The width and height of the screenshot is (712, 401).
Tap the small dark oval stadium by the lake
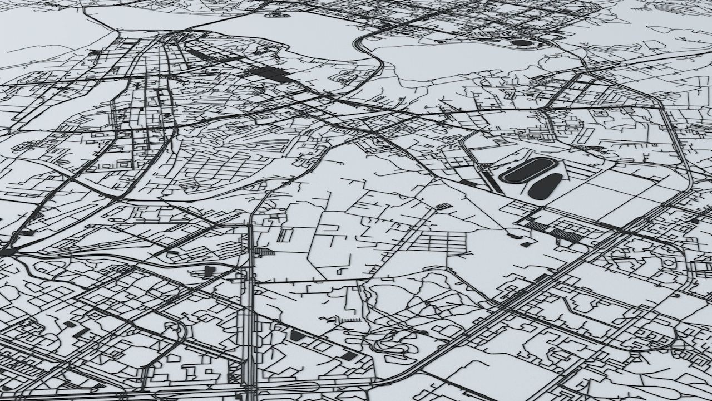coord(521,42)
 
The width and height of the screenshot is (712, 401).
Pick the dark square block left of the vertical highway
coord(210,271)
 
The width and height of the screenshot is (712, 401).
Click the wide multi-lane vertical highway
coord(250,312)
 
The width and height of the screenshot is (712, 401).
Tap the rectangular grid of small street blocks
coord(445,241)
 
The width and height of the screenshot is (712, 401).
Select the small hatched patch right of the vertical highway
coord(265,252)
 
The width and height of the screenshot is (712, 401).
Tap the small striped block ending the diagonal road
coord(443,207)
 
